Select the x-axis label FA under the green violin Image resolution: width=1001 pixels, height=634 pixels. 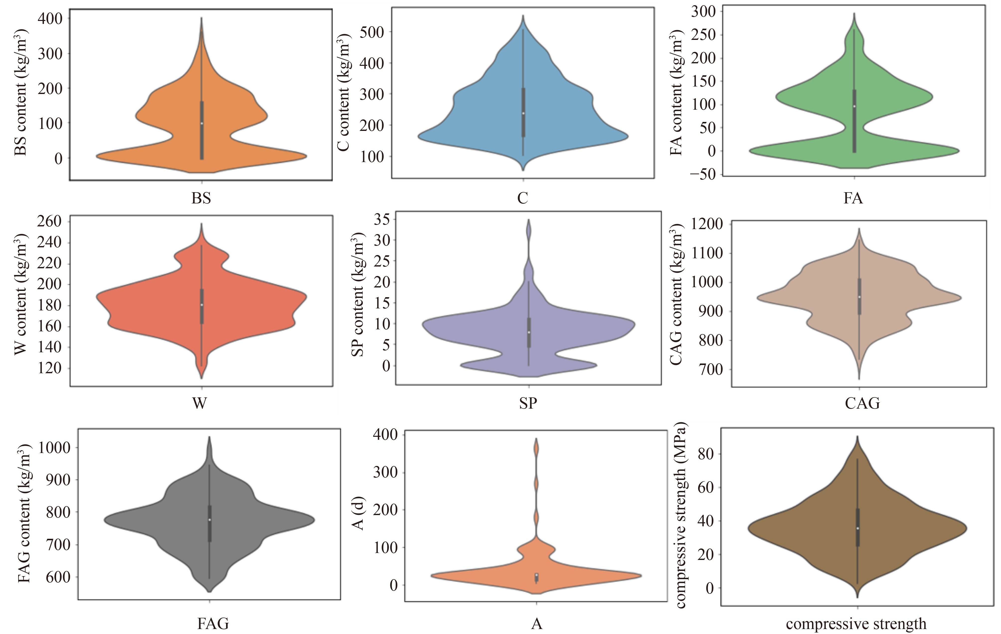point(853,198)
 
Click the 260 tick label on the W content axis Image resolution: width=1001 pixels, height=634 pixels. point(49,221)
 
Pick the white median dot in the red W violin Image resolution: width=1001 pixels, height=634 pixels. point(202,305)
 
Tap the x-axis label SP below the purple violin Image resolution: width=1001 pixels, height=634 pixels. point(528,402)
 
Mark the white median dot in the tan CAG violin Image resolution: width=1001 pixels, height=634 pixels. point(859,297)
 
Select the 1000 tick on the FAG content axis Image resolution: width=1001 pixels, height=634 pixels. point(54,447)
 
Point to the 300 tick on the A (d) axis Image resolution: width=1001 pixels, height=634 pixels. point(385,472)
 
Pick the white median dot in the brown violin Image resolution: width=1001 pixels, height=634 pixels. point(857,528)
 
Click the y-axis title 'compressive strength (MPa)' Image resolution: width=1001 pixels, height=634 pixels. point(680,516)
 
